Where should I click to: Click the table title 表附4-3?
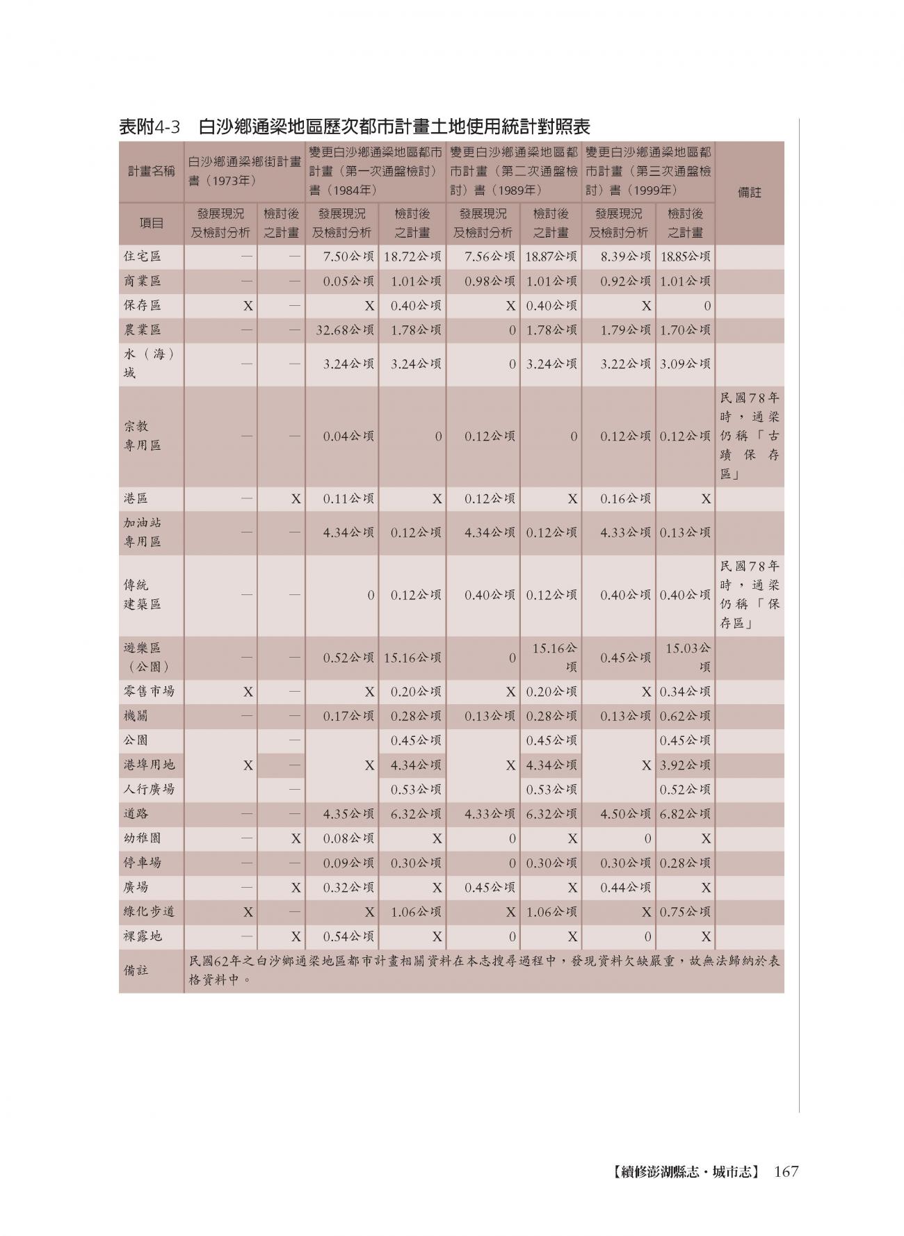[150, 127]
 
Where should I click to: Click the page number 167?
[786, 1171]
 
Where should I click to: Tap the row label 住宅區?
[143, 257]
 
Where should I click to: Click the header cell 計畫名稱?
[151, 171]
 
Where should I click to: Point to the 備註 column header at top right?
[749, 193]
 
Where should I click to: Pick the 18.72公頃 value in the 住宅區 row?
[412, 257]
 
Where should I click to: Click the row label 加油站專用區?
[143, 532]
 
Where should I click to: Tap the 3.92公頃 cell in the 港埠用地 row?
[685, 765]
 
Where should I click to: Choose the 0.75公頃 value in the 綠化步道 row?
[685, 912]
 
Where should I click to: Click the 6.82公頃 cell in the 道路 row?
[685, 814]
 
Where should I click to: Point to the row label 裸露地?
[143, 936]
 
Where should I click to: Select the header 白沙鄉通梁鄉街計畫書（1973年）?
[244, 171]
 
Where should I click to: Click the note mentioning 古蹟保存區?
[750, 437]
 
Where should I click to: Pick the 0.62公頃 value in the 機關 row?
[685, 716]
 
